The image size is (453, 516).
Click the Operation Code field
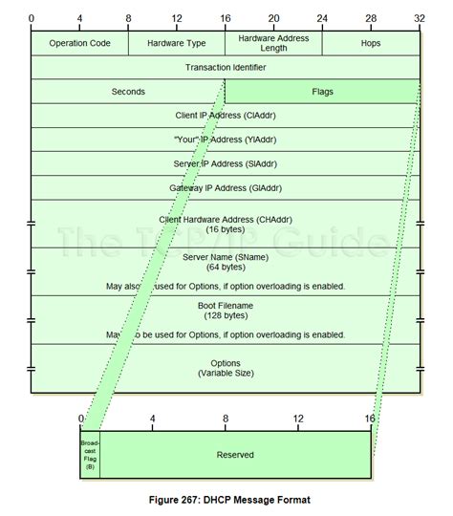pyautogui.click(x=79, y=44)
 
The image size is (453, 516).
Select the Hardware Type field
pyautogui.click(x=177, y=44)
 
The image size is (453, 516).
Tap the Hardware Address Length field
pyautogui.click(x=273, y=44)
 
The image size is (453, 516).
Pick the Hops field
pyautogui.click(x=371, y=44)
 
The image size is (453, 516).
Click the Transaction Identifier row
pyautogui.click(x=226, y=68)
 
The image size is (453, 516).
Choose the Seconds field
pyautogui.click(x=128, y=92)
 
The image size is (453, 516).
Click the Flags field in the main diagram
pyautogui.click(x=322, y=92)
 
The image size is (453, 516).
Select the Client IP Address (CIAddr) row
pyautogui.click(x=226, y=116)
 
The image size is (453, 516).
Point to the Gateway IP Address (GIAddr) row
pyautogui.click(x=226, y=187)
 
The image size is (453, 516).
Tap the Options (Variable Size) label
pyautogui.click(x=226, y=368)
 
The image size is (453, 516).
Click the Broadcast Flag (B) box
pyautogui.click(x=90, y=455)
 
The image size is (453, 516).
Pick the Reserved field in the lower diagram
pyautogui.click(x=235, y=455)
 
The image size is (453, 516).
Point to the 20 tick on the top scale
pyautogui.click(x=274, y=19)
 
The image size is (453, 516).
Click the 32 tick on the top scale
pyautogui.click(x=419, y=19)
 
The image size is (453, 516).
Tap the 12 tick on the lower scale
pyautogui.click(x=298, y=419)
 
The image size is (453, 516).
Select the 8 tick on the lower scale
pyautogui.click(x=226, y=419)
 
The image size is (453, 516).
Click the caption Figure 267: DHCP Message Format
pyautogui.click(x=226, y=500)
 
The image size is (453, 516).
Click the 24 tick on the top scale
pyautogui.click(x=322, y=19)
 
